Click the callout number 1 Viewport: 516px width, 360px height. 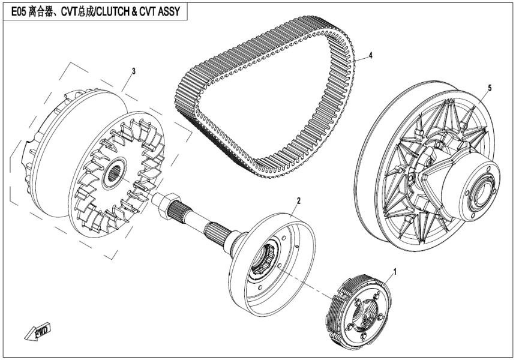click(394, 271)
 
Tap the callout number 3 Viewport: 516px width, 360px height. click(133, 71)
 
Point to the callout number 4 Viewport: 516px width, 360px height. click(371, 55)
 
